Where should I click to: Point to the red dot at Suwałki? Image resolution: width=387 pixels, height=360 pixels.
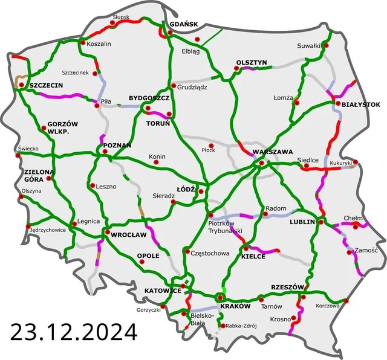tap(327, 45)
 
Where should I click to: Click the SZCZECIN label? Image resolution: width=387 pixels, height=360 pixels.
tap(46, 85)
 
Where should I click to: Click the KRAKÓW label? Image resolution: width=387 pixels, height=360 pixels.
tap(235, 306)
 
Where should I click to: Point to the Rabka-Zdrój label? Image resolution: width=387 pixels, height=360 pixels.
tap(242, 326)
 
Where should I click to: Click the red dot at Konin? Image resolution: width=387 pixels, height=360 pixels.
tap(151, 160)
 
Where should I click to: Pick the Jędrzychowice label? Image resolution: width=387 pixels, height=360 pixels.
tap(48, 230)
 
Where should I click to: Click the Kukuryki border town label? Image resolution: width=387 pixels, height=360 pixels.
tap(341, 164)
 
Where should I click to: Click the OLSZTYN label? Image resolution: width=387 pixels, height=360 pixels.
tap(251, 62)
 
